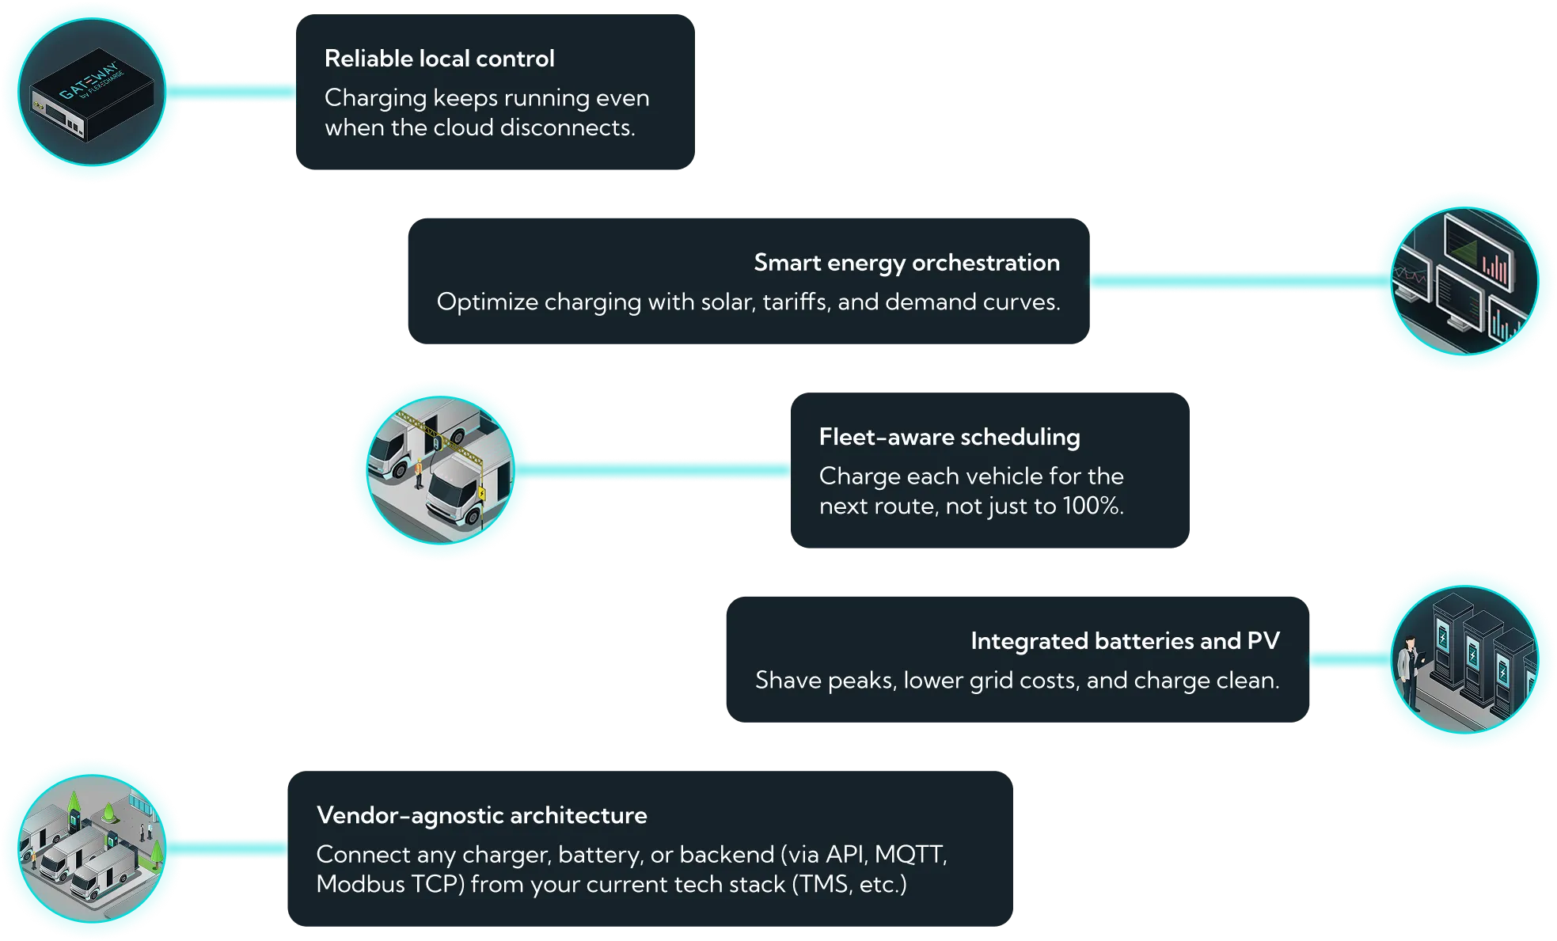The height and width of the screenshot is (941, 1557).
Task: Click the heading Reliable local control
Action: point(439,59)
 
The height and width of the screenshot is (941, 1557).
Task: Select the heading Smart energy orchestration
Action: point(906,263)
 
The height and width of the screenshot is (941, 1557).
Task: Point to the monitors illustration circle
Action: point(1464,281)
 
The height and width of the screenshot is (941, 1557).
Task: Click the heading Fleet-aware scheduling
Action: point(949,437)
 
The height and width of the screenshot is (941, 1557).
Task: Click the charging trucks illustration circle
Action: point(440,471)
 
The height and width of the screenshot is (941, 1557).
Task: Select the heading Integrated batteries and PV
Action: point(1125,641)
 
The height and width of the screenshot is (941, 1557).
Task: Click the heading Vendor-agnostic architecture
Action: point(481,815)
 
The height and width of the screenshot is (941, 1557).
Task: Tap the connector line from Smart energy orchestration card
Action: point(1235,281)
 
